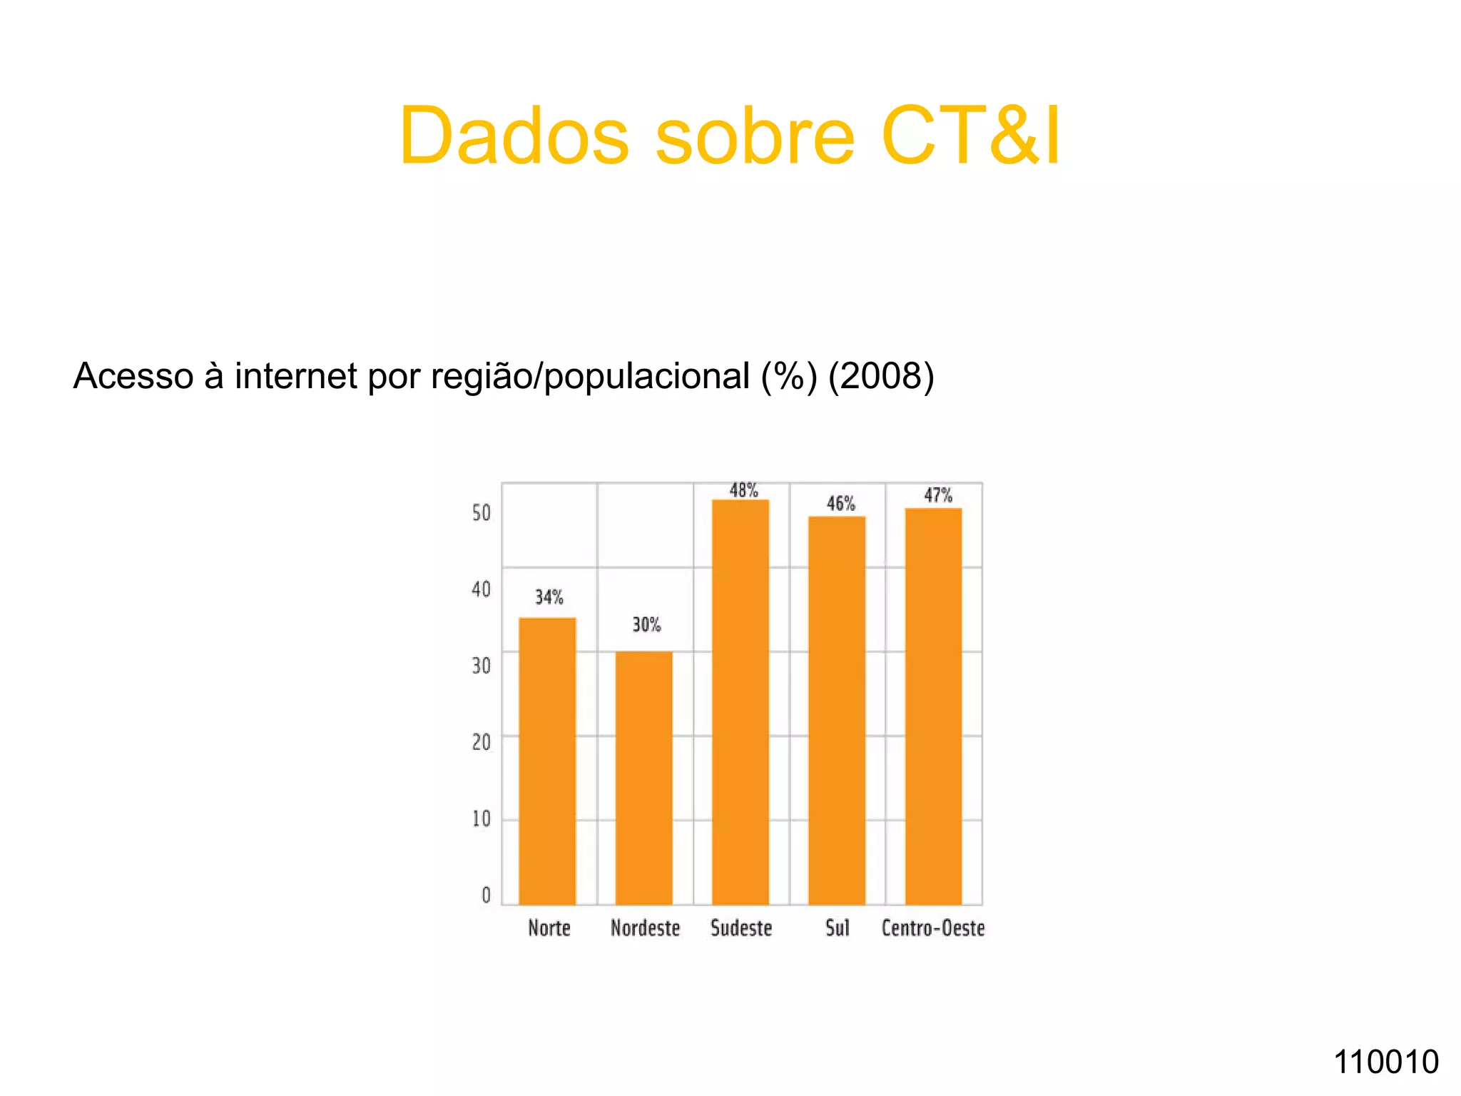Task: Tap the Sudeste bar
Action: tap(740, 702)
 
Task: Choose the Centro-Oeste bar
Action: tap(933, 706)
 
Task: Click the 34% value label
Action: tap(549, 597)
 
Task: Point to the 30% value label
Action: tap(646, 625)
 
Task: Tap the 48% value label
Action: tap(743, 491)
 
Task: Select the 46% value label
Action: tap(840, 504)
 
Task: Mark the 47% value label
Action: tap(938, 495)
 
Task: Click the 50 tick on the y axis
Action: tap(482, 513)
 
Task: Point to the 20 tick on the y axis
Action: tap(482, 743)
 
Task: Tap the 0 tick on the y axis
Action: tap(487, 895)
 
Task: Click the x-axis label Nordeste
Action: tap(646, 928)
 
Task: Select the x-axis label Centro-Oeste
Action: tap(933, 928)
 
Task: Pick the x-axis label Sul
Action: tap(838, 928)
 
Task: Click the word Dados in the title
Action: tap(514, 136)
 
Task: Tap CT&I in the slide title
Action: tap(971, 136)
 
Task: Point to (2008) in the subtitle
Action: tap(881, 376)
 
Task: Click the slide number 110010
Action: tap(1386, 1062)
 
